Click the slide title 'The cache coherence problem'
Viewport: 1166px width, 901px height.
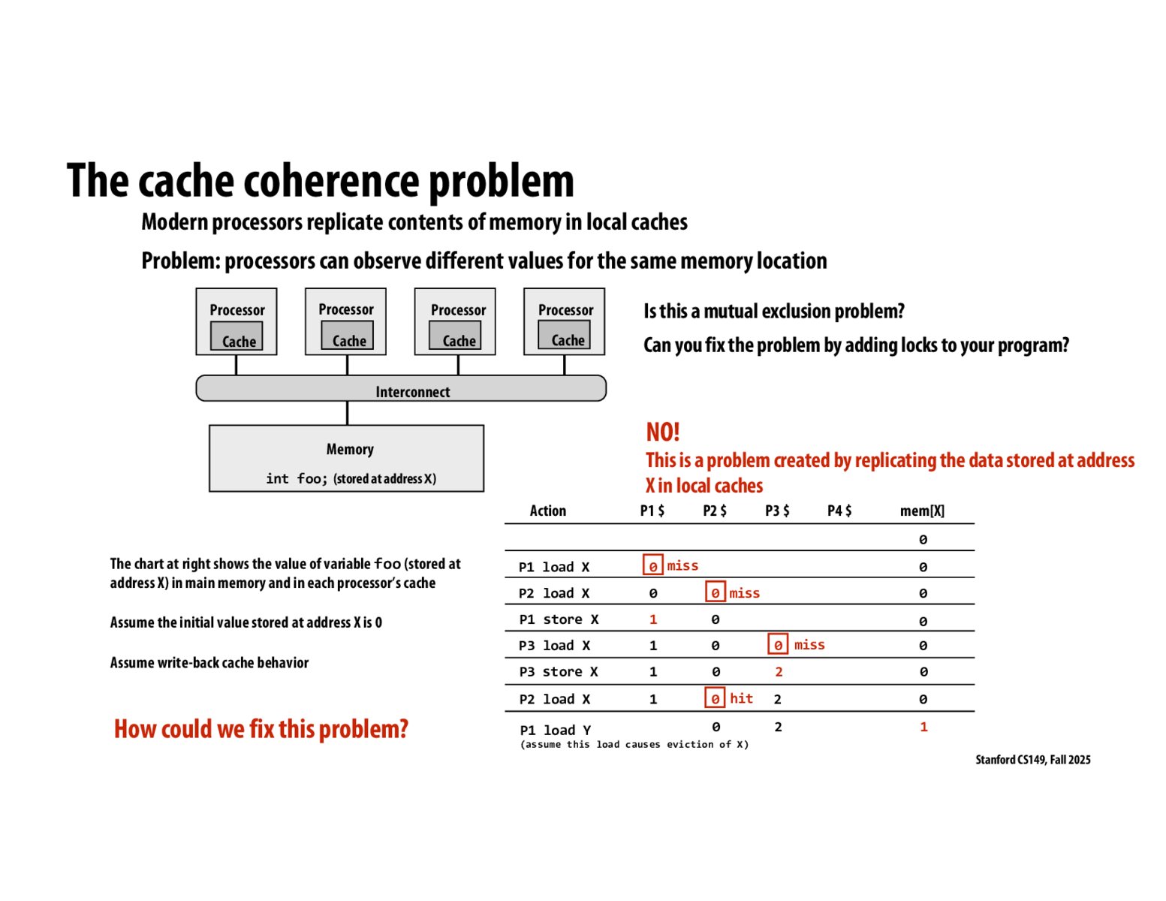point(320,181)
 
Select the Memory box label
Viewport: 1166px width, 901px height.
point(350,449)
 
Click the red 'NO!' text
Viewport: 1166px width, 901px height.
point(662,432)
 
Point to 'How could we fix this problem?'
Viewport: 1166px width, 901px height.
point(261,729)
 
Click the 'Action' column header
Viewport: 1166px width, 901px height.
point(547,511)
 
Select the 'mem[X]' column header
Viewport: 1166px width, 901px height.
point(922,511)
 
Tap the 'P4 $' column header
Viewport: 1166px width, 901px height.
point(839,511)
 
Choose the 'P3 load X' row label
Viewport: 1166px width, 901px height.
point(554,646)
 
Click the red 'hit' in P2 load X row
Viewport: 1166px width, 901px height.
point(741,698)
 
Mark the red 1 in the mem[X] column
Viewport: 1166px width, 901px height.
point(923,727)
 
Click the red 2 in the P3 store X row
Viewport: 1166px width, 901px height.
point(779,672)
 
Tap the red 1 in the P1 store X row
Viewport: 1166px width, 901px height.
point(652,619)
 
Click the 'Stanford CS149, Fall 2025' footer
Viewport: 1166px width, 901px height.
point(1032,760)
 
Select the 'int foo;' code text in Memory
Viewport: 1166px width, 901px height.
point(297,478)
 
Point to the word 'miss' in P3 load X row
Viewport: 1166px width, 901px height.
point(809,645)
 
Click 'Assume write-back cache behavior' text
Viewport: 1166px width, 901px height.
point(209,662)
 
